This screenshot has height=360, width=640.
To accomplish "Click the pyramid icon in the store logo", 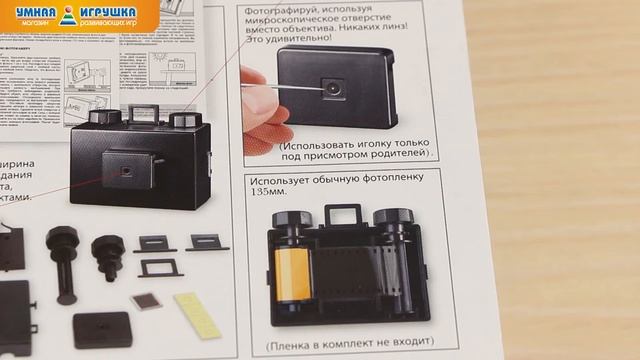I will (x=68, y=14).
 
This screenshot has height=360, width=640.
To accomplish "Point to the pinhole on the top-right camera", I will (x=329, y=88).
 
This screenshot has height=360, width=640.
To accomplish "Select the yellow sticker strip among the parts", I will (x=197, y=314).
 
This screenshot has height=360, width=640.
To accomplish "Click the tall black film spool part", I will (x=67, y=263).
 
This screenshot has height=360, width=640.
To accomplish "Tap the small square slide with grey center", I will (x=147, y=300).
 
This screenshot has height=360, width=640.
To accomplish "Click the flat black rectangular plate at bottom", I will (x=101, y=329).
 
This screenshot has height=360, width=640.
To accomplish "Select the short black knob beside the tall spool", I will (x=107, y=256).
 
